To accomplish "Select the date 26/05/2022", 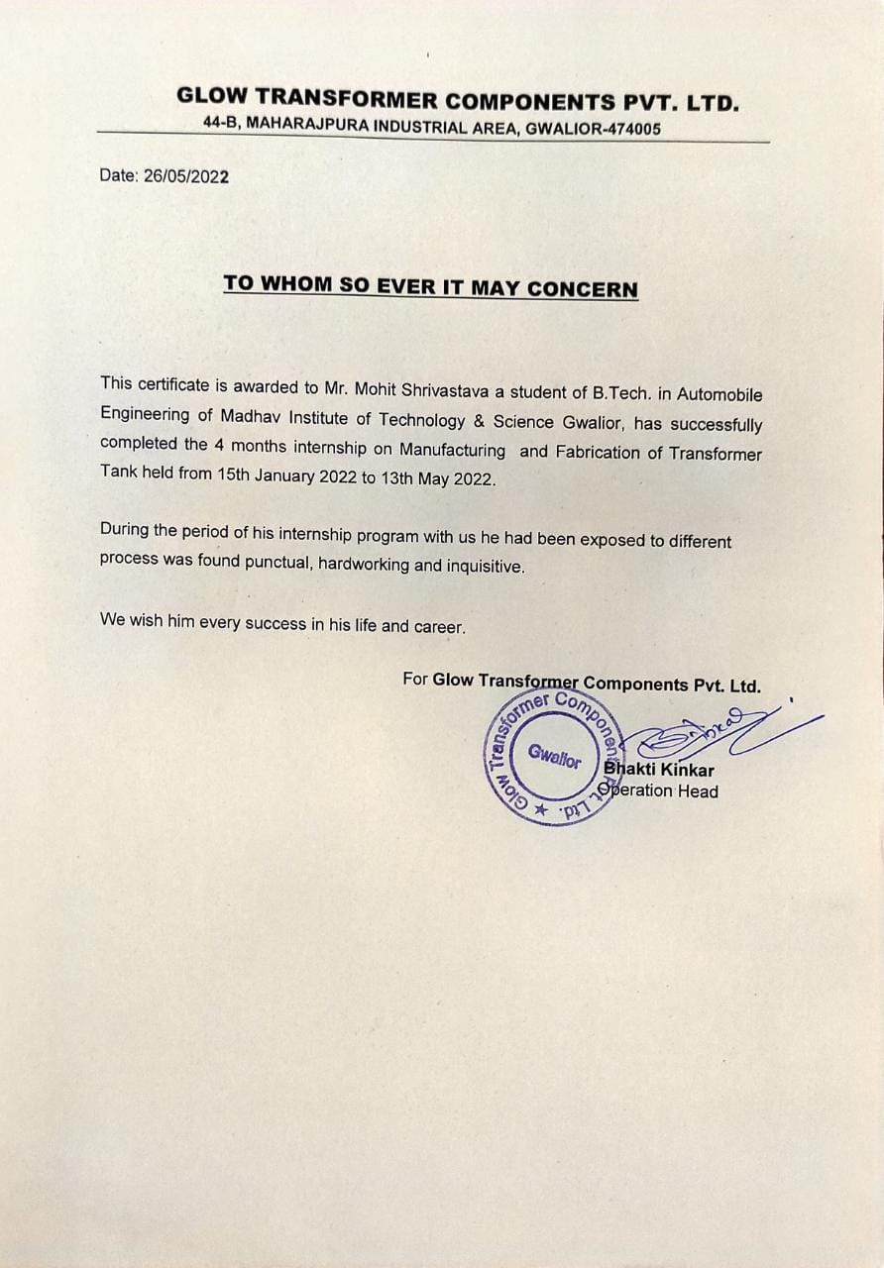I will tap(186, 176).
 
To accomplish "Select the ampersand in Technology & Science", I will tap(476, 420).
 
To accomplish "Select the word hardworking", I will tap(363, 566).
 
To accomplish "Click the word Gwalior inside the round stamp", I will tap(554, 758).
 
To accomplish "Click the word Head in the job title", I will tap(698, 791).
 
